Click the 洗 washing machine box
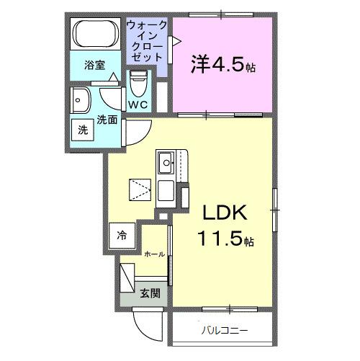pyautogui.click(x=82, y=130)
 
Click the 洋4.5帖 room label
pyautogui.click(x=223, y=64)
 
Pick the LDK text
pyautogui.click(x=223, y=213)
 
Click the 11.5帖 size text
pyautogui.click(x=225, y=238)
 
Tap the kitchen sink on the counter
pyautogui.click(x=166, y=164)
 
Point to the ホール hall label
pyautogui.click(x=153, y=254)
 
